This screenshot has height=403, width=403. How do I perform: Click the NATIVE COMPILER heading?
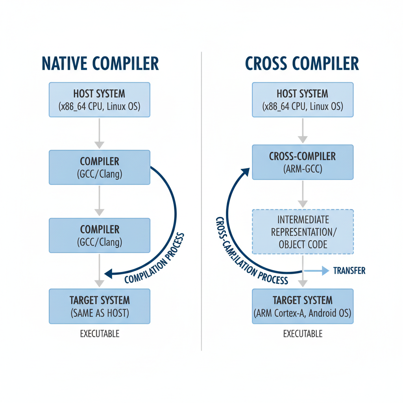coord(100,63)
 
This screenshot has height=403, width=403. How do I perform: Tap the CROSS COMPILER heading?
coord(302,63)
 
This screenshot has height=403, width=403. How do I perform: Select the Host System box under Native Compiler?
coord(99,100)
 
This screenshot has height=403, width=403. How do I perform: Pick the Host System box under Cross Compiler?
coord(302,100)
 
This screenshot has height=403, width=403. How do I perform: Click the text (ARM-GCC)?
coord(302,169)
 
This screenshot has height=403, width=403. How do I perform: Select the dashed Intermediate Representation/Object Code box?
coord(302,232)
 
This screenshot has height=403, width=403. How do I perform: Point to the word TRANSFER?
coord(349,270)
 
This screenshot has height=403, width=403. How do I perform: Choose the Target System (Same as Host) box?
coord(99,306)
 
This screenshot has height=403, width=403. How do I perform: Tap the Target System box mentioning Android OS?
coord(302,306)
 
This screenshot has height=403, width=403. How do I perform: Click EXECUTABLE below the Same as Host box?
coord(100,334)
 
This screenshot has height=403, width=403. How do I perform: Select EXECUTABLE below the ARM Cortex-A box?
coord(302,334)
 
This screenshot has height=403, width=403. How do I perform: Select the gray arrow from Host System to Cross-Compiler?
coord(302,131)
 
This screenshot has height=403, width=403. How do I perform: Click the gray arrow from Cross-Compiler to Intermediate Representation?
coord(302,194)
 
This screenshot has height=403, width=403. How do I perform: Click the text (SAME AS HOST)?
coord(100,314)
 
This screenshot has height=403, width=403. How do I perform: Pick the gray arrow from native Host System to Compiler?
coord(99,134)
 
